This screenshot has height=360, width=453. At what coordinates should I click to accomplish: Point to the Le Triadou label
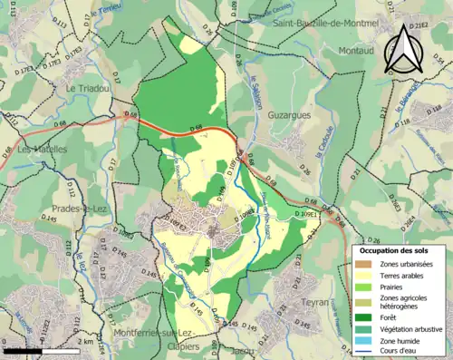(x=85, y=88)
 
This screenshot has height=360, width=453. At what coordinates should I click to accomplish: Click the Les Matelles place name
(x=43, y=149)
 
